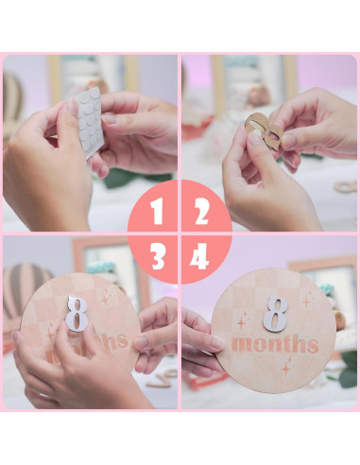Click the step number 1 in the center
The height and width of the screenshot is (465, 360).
click(157, 213)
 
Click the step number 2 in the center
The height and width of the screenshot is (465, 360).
click(200, 213)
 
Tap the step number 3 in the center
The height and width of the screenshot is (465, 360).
click(158, 256)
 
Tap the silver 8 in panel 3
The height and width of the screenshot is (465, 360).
click(77, 313)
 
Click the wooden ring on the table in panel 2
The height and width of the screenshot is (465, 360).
click(346, 186)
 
